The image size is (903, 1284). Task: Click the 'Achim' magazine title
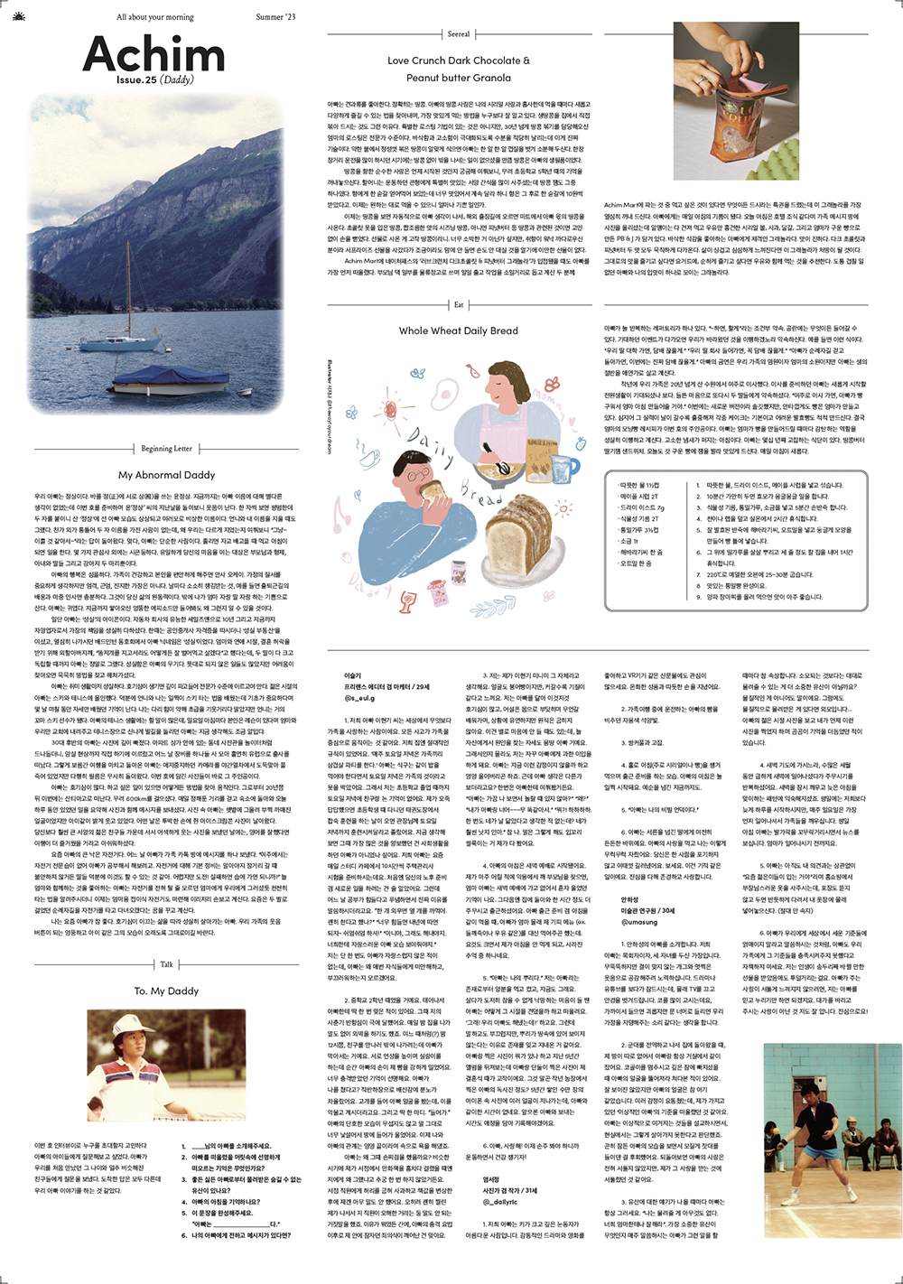click(154, 54)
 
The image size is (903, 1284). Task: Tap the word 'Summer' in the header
click(268, 17)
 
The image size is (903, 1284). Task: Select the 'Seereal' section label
click(459, 34)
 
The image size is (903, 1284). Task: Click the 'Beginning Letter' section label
click(166, 448)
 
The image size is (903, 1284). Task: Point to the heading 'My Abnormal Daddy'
click(166, 475)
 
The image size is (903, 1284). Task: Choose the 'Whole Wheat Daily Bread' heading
click(459, 330)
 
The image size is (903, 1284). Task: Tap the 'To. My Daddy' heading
click(166, 991)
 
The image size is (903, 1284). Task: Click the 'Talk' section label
click(166, 964)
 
